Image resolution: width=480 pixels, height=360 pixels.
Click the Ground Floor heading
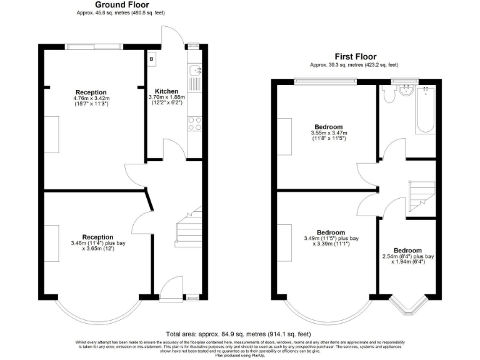coord(121,5)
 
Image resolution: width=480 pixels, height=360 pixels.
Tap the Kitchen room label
coord(167,91)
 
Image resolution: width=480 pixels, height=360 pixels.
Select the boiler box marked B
coord(151,59)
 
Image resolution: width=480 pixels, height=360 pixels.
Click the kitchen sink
coord(196,70)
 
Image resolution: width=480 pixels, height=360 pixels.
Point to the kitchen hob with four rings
coord(196,123)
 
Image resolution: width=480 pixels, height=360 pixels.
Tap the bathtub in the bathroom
coord(425,109)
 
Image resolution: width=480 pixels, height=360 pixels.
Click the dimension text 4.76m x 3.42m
coord(91,98)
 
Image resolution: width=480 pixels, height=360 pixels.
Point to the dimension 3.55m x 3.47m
coord(329,132)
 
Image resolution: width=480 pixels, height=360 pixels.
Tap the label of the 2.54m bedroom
coord(407,251)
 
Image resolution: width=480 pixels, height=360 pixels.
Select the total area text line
coord(240,334)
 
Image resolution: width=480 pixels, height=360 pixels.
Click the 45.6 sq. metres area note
coord(121,12)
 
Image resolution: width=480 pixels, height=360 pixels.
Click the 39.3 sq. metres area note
coord(354,64)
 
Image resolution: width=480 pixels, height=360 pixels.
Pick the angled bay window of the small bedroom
coord(407,306)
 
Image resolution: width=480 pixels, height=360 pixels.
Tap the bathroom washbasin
coord(408,91)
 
